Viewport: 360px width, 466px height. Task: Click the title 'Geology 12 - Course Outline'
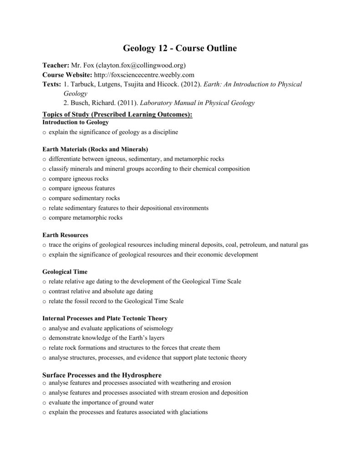click(x=180, y=48)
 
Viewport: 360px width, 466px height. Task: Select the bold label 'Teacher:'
click(x=56, y=65)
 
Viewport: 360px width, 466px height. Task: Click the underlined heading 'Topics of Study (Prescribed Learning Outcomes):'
click(x=117, y=114)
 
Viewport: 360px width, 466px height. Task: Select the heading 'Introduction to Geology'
click(x=76, y=122)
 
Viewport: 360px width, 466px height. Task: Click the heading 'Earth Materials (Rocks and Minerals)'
click(x=95, y=149)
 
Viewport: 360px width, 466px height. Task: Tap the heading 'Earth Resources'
click(x=65, y=235)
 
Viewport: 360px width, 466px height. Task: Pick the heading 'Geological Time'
click(x=65, y=272)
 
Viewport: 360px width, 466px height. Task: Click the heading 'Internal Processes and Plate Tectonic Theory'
click(x=105, y=318)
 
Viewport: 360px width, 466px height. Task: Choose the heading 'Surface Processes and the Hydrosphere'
click(x=102, y=375)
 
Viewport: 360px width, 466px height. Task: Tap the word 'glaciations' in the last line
click(x=191, y=412)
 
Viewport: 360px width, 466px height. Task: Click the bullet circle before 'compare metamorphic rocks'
click(x=44, y=218)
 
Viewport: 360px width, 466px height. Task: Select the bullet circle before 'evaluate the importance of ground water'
click(x=44, y=403)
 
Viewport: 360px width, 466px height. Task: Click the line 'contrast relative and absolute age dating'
click(x=101, y=291)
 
